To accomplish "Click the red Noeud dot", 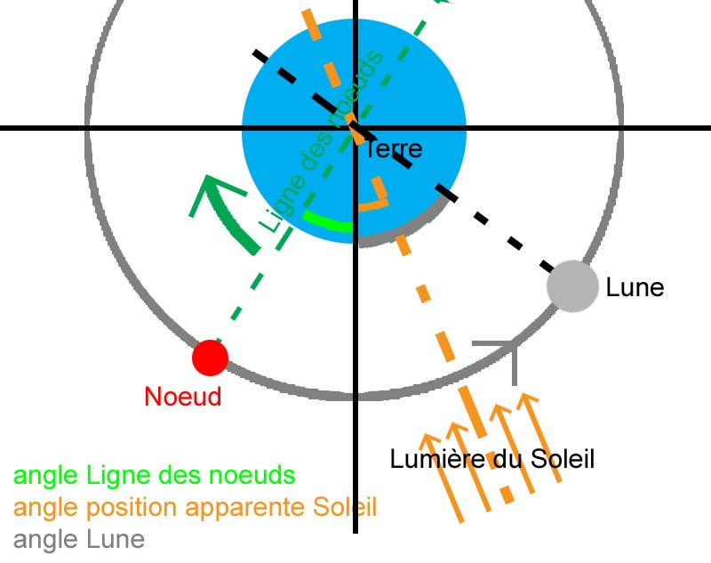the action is pos(211,358).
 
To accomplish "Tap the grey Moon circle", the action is pos(570,286).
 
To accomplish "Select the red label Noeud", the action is pos(182,397).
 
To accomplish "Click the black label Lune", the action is pos(635,288).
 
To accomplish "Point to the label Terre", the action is pos(394,149).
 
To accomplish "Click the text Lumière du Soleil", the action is pos(491,459).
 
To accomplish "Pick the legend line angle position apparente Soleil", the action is pos(196,508).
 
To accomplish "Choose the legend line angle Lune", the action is pos(79,539).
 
